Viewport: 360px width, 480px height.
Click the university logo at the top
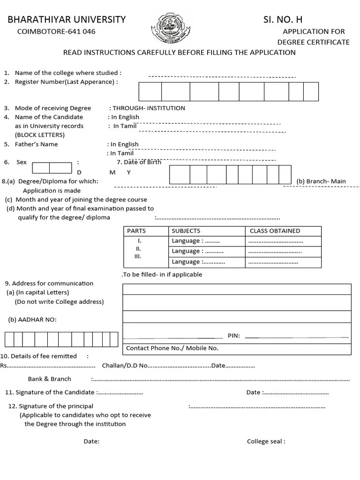click(x=167, y=28)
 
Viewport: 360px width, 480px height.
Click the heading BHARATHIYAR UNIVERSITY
click(x=66, y=20)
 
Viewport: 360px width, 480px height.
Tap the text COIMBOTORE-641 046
click(x=56, y=31)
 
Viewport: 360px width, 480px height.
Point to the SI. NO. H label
click(x=283, y=20)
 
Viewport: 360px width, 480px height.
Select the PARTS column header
click(x=136, y=231)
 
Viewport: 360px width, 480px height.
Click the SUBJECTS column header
click(x=186, y=231)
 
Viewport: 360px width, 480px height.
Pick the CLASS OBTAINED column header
click(x=275, y=231)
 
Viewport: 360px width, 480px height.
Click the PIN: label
click(x=233, y=336)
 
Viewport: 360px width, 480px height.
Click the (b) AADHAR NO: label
click(x=32, y=320)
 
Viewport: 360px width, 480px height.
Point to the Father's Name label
click(x=36, y=144)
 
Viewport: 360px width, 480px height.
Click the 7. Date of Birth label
click(x=139, y=162)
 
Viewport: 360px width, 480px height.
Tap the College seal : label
click(x=266, y=442)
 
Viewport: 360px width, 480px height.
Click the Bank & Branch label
click(x=49, y=379)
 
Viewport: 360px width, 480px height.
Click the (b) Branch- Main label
click(x=321, y=181)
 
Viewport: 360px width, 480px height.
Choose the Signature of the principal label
click(x=55, y=406)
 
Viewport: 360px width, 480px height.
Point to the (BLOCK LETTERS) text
click(x=40, y=135)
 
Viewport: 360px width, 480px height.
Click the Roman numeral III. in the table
click(x=138, y=257)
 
